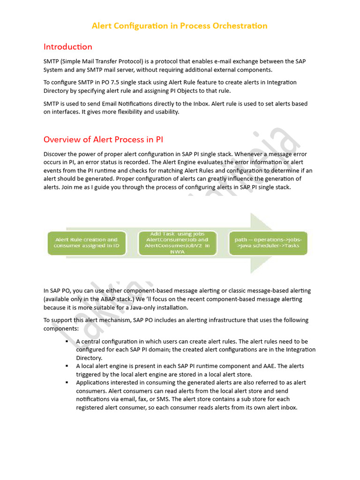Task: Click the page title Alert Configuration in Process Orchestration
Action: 180,26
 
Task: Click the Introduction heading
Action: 67,46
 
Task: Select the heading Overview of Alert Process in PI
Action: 103,139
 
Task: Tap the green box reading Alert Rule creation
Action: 86,243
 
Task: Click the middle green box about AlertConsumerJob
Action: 177,242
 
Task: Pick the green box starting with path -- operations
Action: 268,243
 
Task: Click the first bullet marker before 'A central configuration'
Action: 67,341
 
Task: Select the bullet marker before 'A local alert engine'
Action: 67,366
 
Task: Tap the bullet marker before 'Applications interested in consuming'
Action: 67,382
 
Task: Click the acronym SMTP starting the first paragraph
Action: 52,62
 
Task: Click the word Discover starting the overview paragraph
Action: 56,154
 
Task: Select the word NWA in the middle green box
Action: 177,252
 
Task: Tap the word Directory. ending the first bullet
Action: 89,358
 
